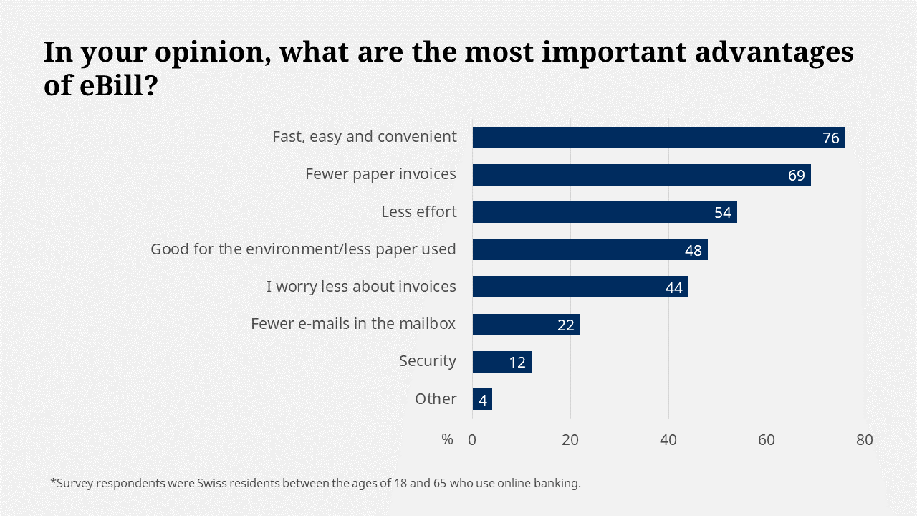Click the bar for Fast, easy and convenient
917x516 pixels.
(645, 137)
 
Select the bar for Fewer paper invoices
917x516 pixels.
(630, 174)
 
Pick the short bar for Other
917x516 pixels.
(482, 399)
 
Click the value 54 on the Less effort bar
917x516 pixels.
(723, 213)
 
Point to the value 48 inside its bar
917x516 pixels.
(693, 250)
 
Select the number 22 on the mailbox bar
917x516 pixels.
(566, 325)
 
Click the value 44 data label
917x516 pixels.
(673, 287)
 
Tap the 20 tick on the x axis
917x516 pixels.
(570, 440)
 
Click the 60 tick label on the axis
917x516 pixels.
(767, 440)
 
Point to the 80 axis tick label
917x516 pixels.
(865, 440)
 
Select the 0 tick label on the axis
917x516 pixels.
(472, 440)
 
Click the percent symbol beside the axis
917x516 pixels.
(448, 440)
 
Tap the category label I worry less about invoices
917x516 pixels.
(361, 287)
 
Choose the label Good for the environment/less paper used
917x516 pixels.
(303, 249)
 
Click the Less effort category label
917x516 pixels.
(419, 212)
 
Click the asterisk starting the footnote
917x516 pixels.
(53, 482)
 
